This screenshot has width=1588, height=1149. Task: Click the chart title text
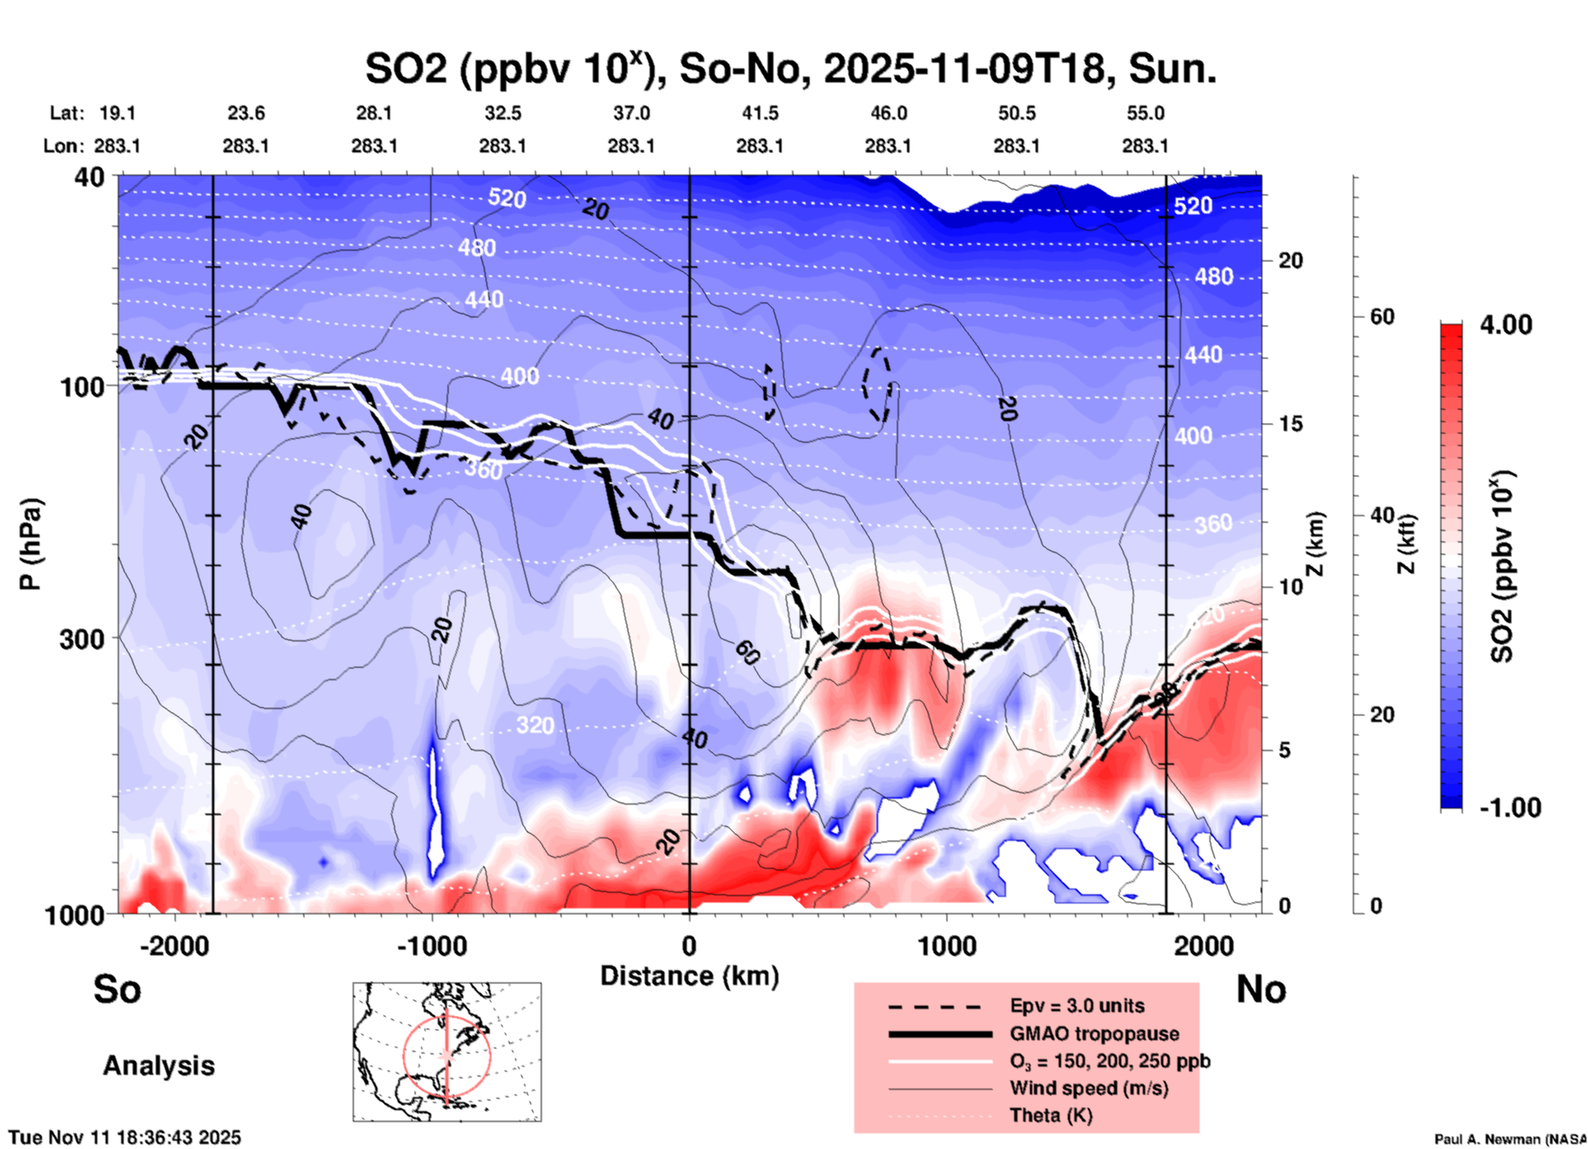pos(790,69)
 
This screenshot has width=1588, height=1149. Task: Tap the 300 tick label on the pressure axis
pos(82,639)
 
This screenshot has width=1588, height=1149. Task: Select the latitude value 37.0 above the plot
pos(631,114)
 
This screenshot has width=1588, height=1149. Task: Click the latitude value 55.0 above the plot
pos(1144,114)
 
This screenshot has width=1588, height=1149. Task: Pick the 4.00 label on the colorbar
pos(1506,325)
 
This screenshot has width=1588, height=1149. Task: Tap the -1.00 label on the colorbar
pos(1509,808)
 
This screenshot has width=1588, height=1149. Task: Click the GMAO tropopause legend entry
pos(1094,1034)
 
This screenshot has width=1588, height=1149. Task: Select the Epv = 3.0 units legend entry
pos(1077,1006)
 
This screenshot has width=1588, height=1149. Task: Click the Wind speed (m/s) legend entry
pos(1088,1088)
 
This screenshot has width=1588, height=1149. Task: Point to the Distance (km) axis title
pos(689,976)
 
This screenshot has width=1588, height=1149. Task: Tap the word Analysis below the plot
pos(158,1066)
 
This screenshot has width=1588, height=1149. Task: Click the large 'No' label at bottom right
pos(1261,989)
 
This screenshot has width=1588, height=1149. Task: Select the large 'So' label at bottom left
pos(117,989)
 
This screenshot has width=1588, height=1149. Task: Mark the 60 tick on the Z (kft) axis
pos(1382,317)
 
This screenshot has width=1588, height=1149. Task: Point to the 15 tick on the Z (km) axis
pos(1290,424)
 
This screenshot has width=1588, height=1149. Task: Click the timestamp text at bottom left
pos(125,1137)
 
